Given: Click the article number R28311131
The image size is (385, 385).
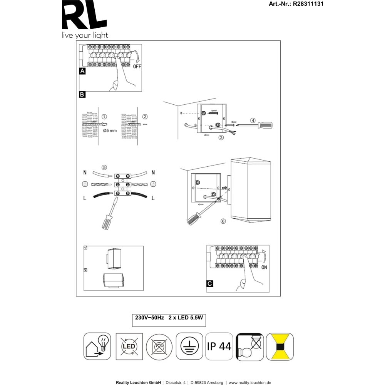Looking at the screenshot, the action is pos(308,4).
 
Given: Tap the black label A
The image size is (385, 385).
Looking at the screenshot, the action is pos(82,71).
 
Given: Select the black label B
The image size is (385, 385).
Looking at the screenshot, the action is pos(82,95).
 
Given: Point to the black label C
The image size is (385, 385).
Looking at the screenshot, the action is pos(210,284).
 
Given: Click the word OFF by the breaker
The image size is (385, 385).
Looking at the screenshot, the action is pos(137,66).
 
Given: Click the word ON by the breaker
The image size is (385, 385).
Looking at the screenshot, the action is pos(264,267).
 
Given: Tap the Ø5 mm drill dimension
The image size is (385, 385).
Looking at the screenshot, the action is pos(110,131).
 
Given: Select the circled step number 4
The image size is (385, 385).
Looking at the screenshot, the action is pos(253,120).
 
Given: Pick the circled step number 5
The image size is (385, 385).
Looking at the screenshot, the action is pos(104,167).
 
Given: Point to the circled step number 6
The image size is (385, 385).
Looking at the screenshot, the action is pos(223,221).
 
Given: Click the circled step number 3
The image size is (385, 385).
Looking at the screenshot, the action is pos(221,137).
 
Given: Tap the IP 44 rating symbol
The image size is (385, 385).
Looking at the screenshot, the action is pos(219,346).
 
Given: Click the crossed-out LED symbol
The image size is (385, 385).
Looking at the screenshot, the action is pos(129,346).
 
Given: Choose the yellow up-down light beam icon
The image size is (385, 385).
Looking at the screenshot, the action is pos(280,347).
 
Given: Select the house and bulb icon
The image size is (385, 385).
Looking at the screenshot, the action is pos(97,346).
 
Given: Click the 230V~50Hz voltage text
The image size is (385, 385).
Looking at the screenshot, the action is pos(149,318).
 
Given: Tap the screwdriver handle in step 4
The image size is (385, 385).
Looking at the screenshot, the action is pos(265,126).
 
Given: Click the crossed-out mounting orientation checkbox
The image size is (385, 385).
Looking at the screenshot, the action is pos(85,270).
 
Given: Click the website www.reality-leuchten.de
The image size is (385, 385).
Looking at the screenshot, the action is pos(250,383).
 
